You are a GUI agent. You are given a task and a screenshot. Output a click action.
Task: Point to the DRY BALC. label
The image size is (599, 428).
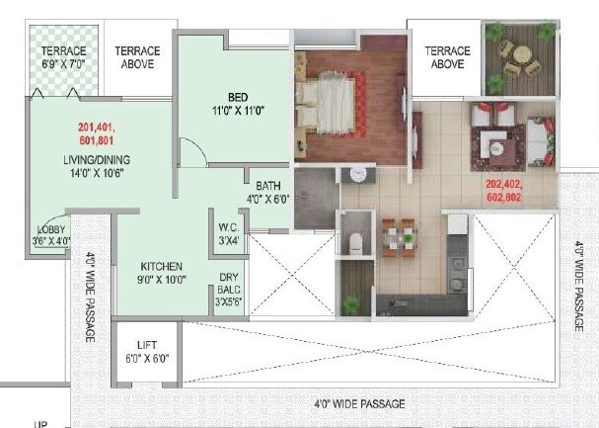[229, 290]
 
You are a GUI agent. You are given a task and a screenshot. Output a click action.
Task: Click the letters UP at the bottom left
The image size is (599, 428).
[40, 424]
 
